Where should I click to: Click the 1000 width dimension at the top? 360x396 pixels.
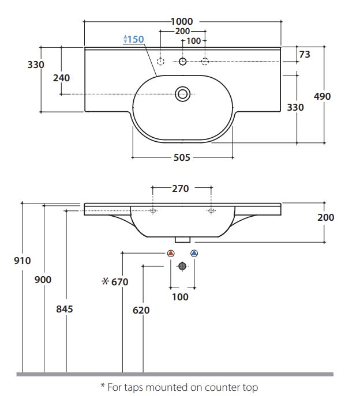pos(182,21)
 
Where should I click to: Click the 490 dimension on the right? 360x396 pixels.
pos(321,96)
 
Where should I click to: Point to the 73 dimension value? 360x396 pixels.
pos(304,54)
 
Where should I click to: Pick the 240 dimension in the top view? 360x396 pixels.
pos(62,78)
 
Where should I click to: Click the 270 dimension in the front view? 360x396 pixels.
pos(181,188)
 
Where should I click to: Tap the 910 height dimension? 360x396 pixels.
pos(22,261)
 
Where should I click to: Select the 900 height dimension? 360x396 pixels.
pos(43,280)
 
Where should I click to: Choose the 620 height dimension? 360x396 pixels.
pos(141,310)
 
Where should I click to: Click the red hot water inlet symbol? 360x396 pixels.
pos(170,253)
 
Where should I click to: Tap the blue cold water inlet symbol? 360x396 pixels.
pos(194,253)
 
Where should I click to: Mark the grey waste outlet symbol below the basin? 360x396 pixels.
pos(182,266)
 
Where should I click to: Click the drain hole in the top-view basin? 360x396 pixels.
pos(183,93)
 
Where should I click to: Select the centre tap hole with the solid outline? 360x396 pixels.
pos(183,61)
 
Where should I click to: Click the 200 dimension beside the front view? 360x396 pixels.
pos(325,217)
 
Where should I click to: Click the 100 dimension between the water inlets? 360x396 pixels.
pos(181,297)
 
